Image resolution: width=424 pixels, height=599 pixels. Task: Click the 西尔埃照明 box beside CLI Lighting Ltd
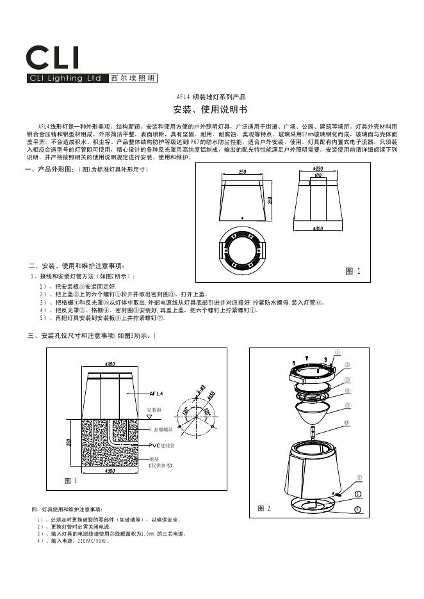click(x=132, y=79)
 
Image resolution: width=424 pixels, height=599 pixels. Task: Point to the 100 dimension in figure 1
click(x=317, y=175)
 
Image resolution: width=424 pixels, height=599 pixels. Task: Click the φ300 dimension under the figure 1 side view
click(x=318, y=228)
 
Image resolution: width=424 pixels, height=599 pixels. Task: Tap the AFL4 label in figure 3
click(x=156, y=393)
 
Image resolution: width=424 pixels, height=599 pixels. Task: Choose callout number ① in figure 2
click(x=338, y=351)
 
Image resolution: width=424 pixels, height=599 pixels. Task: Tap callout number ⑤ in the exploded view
click(x=347, y=405)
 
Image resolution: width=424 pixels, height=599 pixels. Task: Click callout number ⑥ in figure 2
click(x=347, y=422)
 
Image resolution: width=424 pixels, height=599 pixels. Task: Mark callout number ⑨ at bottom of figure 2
click(x=357, y=509)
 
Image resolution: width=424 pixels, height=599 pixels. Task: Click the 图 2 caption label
click(x=264, y=508)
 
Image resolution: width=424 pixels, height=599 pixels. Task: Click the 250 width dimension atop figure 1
click(x=243, y=172)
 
